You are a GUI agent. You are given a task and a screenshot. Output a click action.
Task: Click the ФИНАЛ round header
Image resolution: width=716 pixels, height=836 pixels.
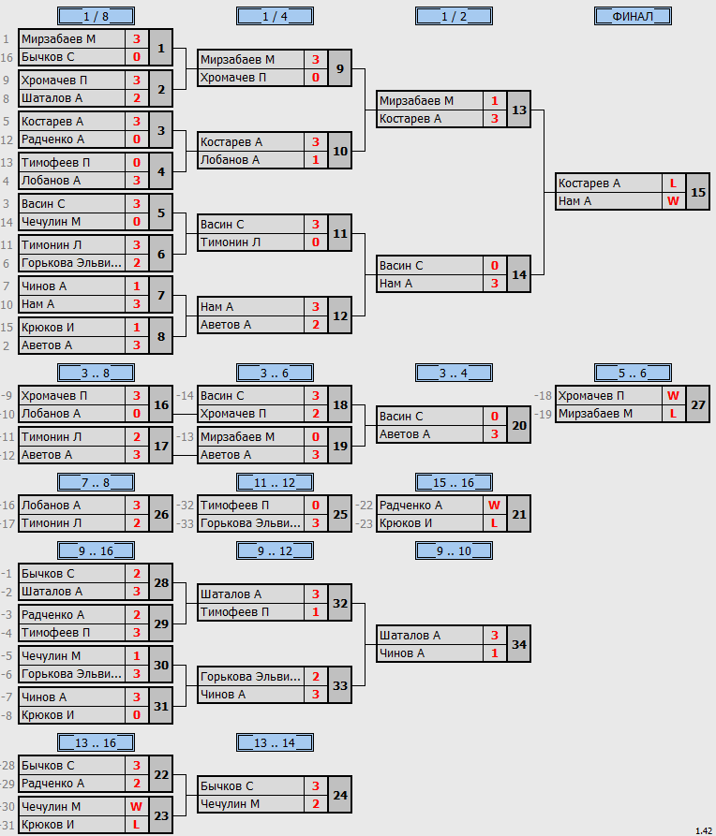tap(633, 17)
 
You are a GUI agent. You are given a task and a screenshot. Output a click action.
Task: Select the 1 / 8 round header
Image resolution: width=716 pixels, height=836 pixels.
tap(97, 17)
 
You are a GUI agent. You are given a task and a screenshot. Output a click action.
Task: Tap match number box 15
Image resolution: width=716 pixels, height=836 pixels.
tap(698, 192)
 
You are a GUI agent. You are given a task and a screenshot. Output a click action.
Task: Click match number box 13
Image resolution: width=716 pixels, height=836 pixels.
tap(519, 110)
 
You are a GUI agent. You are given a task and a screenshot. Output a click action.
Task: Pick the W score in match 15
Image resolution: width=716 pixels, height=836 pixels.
tap(673, 201)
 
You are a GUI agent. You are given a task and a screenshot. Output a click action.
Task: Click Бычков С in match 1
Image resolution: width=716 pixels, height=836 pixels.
tap(48, 57)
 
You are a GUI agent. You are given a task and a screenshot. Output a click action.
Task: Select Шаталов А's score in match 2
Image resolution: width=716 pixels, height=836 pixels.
tap(137, 98)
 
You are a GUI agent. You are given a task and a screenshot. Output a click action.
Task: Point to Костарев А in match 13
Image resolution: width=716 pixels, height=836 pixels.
tap(410, 119)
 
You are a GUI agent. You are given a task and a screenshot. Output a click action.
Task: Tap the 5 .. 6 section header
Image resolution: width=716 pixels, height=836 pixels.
tap(633, 373)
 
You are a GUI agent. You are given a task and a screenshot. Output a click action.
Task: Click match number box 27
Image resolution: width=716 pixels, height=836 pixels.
tap(698, 404)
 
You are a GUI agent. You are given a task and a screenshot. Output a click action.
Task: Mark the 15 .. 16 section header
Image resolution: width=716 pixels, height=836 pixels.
tap(454, 482)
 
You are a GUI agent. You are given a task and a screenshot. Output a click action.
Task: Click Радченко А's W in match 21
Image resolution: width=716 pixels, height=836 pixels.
tap(494, 505)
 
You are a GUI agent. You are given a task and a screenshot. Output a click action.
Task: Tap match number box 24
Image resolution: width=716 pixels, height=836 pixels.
tap(340, 795)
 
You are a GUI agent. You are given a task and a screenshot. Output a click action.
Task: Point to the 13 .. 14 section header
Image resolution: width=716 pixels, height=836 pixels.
tap(275, 742)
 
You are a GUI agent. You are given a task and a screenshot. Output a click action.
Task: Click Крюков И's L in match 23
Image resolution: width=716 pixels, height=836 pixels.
tap(137, 824)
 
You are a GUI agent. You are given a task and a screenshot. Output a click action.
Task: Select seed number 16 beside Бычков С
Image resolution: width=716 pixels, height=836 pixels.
tap(7, 57)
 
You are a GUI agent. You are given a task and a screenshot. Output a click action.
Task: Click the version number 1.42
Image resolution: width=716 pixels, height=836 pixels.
tap(704, 830)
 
